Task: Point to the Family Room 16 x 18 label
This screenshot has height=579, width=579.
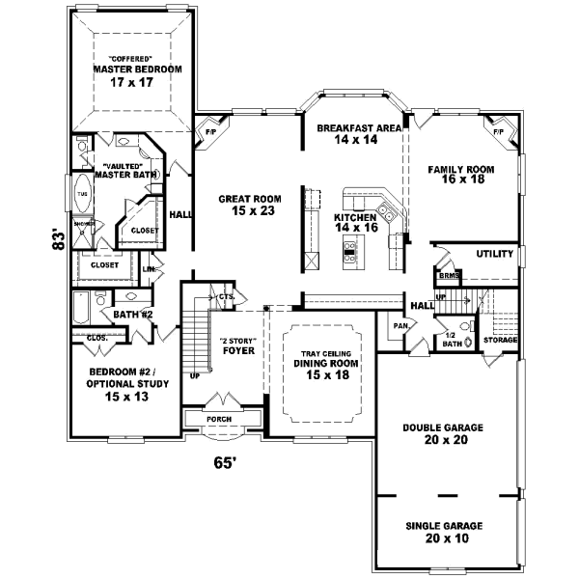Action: pyautogui.click(x=461, y=175)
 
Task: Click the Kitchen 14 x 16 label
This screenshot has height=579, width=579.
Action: pyautogui.click(x=353, y=224)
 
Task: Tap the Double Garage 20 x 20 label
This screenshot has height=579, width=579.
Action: pyautogui.click(x=445, y=432)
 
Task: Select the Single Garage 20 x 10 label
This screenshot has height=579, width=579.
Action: pyautogui.click(x=445, y=532)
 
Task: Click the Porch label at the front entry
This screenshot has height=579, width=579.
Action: pyautogui.click(x=219, y=419)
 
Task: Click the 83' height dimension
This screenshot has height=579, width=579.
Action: pyautogui.click(x=59, y=238)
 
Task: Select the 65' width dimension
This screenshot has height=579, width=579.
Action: pyautogui.click(x=225, y=463)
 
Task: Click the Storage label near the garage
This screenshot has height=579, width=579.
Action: pyautogui.click(x=501, y=340)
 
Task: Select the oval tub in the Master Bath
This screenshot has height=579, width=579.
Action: pyautogui.click(x=81, y=193)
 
